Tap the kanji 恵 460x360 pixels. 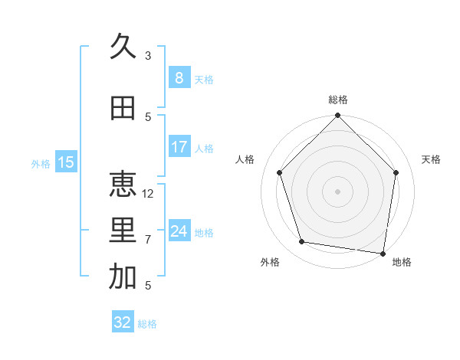tap(123, 185)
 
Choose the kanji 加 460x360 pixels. tap(123, 277)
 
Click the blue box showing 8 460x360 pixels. tap(179, 77)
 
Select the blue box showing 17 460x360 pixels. tap(179, 146)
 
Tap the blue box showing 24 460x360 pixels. tap(179, 231)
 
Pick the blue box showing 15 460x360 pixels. tap(66, 162)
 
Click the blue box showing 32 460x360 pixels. tap(123, 322)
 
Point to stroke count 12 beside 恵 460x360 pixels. tap(148, 194)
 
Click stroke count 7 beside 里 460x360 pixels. tap(148, 240)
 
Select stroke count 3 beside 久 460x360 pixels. tap(148, 56)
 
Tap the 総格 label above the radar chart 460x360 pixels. tap(337, 100)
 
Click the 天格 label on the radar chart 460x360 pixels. tap(432, 159)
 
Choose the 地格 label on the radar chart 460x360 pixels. tap(402, 262)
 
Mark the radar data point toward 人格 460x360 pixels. tap(280, 172)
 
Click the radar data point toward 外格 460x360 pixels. tap(302, 242)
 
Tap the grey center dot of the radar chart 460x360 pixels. tap(337, 191)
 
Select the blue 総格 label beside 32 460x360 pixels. tap(147, 324)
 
